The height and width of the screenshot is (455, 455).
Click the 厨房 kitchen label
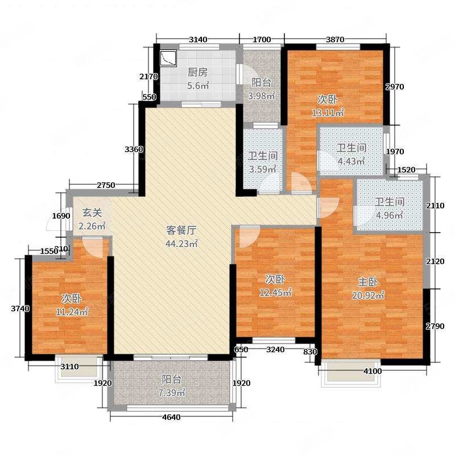[x=197, y=72]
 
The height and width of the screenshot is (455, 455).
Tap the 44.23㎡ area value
[x=181, y=243]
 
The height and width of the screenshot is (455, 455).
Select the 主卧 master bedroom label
[x=367, y=282]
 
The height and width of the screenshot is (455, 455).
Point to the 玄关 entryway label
[x=92, y=212]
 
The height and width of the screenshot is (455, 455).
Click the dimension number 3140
[x=198, y=39]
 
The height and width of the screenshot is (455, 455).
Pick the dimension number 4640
[x=171, y=417]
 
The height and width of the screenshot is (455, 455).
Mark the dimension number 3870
[x=335, y=39]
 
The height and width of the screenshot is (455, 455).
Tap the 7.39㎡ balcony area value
[x=172, y=392]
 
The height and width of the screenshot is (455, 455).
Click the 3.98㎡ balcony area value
[x=261, y=96]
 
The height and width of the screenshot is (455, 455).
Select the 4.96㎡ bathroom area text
[x=389, y=216]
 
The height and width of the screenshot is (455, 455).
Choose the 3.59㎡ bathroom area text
[x=263, y=169]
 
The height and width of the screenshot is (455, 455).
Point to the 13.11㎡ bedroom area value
[x=328, y=113]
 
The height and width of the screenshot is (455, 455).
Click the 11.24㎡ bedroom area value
[x=72, y=312]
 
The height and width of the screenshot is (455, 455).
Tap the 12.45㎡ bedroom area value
[x=275, y=292]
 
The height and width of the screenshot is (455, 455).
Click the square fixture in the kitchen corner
[x=168, y=59]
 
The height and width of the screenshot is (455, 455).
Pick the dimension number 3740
[x=20, y=308]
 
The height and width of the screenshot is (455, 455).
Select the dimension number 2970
[x=394, y=86]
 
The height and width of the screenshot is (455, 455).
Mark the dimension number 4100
[x=373, y=371]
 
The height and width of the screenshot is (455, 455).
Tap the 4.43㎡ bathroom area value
[x=351, y=161]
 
